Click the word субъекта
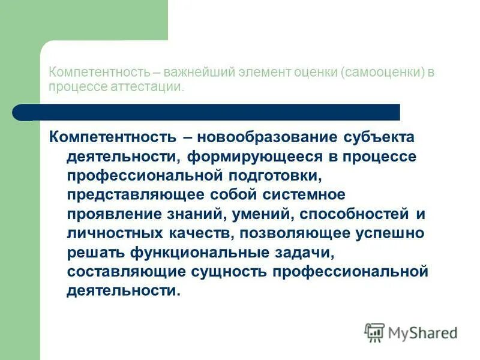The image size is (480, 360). (x=379, y=137)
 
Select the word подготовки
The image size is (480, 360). (x=267, y=175)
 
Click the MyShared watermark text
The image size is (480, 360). (x=423, y=332)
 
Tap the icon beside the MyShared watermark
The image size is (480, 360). (x=375, y=332)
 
